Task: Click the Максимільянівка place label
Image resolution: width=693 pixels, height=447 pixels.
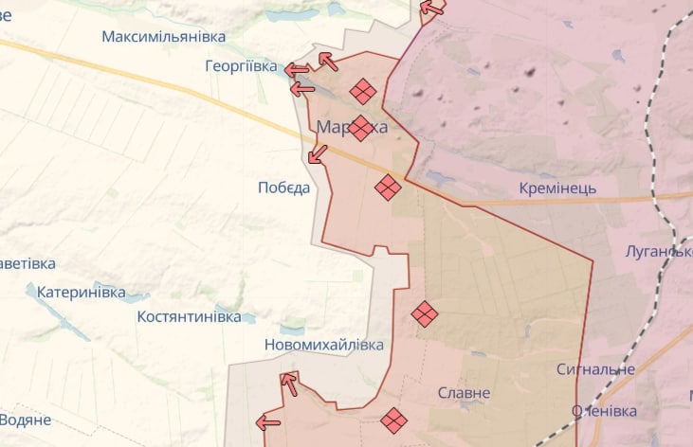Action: pos(164,36)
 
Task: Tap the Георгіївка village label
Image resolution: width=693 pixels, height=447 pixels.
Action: pos(241,67)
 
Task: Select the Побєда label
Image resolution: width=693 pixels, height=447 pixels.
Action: pos(283,188)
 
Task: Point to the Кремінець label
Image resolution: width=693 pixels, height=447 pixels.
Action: pos(557,188)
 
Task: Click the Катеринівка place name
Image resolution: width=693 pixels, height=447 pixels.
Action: pos(82,293)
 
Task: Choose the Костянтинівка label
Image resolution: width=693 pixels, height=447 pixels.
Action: pos(189,316)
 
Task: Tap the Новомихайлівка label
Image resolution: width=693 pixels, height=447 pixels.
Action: pos(324,345)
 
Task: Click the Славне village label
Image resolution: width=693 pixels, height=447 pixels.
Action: pos(465,392)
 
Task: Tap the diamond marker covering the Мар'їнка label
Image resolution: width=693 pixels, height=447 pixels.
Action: pos(360,128)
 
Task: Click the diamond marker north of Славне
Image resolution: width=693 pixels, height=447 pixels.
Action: pos(425,313)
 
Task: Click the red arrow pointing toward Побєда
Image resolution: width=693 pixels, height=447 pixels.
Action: pos(318,153)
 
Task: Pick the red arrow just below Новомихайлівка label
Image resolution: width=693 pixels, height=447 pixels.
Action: pos(289,383)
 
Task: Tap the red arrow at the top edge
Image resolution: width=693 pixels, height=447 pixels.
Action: pos(432,9)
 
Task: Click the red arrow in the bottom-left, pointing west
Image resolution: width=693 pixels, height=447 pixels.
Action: pos(268,422)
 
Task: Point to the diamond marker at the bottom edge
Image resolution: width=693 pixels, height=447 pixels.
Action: pos(393,420)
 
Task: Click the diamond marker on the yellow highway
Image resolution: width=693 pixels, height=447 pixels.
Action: pos(387,188)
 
